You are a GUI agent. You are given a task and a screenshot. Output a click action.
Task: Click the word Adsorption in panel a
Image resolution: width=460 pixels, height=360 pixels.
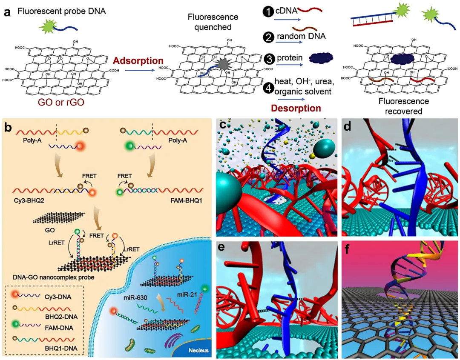[x=138, y=61]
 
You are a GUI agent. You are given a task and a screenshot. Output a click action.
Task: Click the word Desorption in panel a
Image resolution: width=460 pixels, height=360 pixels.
[x=296, y=108]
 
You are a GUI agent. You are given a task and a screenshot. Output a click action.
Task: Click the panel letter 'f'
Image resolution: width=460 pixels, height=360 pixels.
[x=350, y=249]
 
